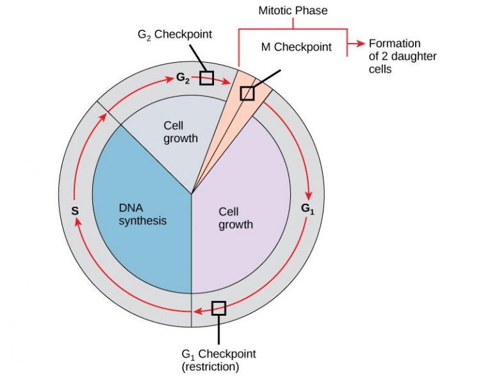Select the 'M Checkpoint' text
(296, 47)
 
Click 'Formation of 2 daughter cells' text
(393, 56)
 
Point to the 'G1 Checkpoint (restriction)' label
(218, 360)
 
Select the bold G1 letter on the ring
(307, 208)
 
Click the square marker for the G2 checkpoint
(206, 78)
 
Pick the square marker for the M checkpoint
(247, 94)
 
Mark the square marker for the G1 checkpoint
(218, 307)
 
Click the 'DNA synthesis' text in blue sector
(142, 214)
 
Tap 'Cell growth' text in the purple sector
(236, 218)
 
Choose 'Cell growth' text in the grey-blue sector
(181, 131)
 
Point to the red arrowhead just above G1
(311, 195)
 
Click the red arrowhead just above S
(78, 221)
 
